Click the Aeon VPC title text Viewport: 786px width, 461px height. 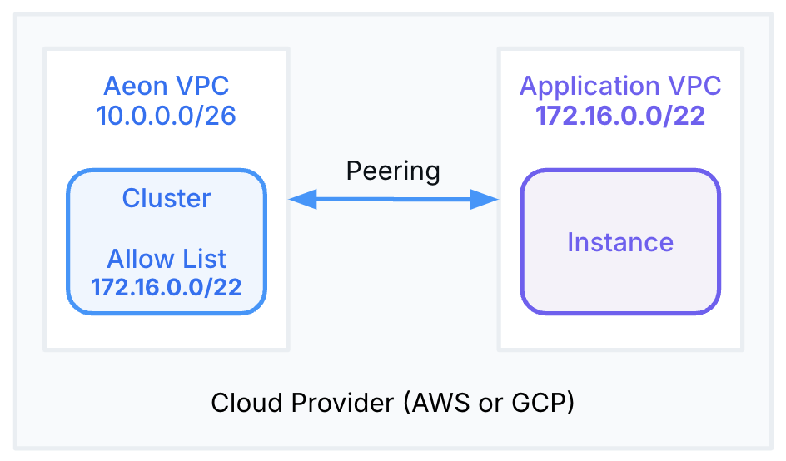pos(166,86)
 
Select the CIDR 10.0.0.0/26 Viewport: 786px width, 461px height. pos(166,116)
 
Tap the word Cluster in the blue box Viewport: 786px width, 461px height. pos(166,198)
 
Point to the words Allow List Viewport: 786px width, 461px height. pos(166,258)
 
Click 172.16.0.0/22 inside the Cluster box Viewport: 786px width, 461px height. pos(166,287)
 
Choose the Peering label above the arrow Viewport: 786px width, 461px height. pos(393,171)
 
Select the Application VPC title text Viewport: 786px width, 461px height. pos(620,86)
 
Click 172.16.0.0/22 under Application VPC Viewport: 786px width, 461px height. pos(620,116)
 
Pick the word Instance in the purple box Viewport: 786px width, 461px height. pos(620,242)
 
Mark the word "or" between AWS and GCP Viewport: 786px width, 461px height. pos(489,403)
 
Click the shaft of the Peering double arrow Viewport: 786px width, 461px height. pos(393,199)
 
